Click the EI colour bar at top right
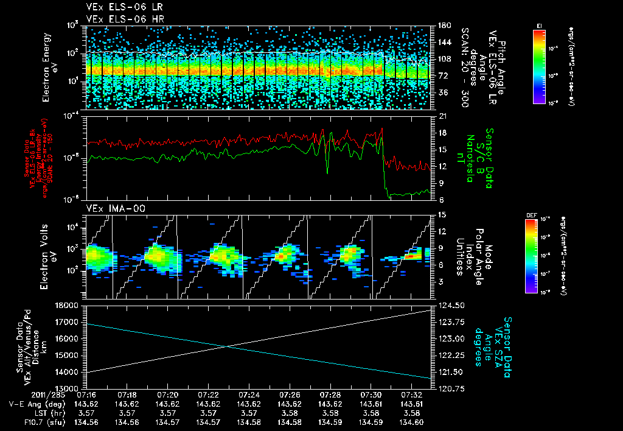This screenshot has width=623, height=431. [539, 66]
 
